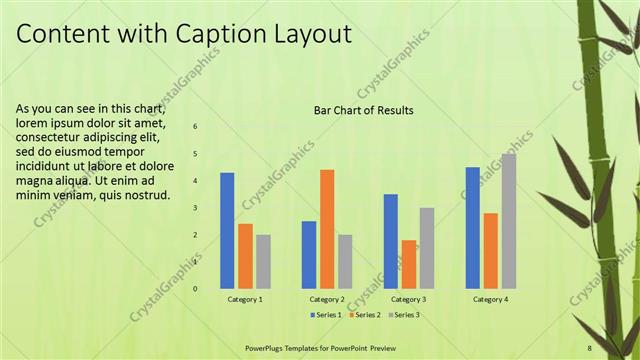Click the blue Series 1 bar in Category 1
tap(227, 231)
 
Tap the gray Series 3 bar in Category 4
tap(509, 221)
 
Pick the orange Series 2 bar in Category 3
tap(409, 264)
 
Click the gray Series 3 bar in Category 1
tap(263, 262)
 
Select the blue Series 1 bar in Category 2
tap(309, 255)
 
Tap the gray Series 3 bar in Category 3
tap(427, 248)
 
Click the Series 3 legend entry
tap(400, 315)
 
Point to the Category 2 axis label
tap(327, 299)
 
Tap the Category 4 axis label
tap(490, 299)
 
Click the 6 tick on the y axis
tap(195, 126)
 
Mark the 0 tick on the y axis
tap(195, 289)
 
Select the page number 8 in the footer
tap(590, 347)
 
